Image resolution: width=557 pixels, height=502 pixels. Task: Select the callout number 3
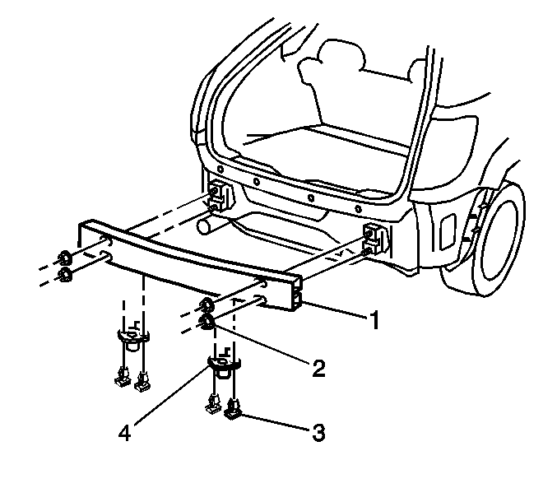[318, 433]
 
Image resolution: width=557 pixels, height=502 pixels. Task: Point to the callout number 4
[124, 432]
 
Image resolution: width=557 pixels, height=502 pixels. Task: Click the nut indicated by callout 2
[206, 323]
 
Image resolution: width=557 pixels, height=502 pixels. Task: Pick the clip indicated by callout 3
[233, 408]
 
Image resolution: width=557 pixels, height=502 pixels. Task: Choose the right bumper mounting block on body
[376, 239]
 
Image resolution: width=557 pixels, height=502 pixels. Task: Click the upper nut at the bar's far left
[64, 258]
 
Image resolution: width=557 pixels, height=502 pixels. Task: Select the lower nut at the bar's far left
[65, 275]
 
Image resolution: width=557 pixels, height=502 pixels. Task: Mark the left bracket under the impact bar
[133, 336]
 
